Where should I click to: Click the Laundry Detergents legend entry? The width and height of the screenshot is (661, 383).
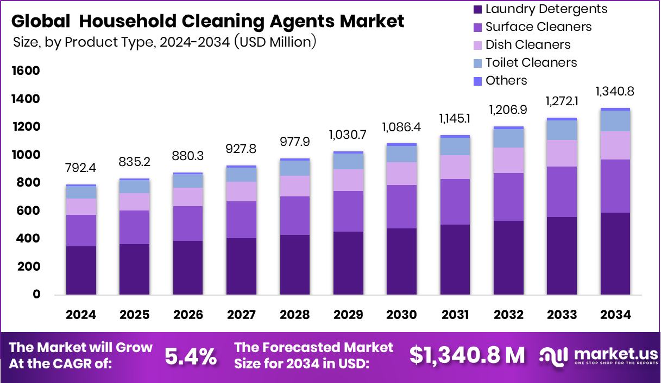click(540, 9)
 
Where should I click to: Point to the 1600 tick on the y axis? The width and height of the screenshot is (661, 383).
click(26, 71)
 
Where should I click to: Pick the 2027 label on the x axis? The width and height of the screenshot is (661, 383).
click(242, 315)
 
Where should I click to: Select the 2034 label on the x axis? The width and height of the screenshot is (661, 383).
click(615, 315)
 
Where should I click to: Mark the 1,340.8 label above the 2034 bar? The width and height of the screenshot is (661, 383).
click(615, 92)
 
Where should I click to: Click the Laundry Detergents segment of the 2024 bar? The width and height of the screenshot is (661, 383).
click(81, 270)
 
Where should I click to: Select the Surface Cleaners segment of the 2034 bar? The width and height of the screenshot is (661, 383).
click(615, 186)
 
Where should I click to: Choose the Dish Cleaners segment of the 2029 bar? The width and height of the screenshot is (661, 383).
click(348, 180)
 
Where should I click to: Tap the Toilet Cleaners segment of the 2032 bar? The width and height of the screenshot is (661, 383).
click(508, 138)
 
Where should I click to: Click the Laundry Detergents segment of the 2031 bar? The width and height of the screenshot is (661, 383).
click(455, 259)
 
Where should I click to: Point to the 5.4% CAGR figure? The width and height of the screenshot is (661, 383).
click(191, 356)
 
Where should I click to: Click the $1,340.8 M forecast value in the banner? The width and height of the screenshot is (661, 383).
click(467, 355)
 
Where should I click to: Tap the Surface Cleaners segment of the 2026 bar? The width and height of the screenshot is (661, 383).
click(188, 224)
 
